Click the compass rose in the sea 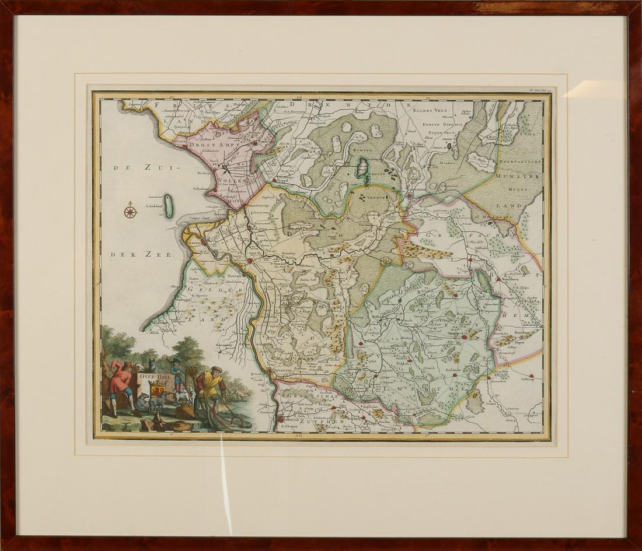(130, 211)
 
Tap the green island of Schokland (169, 206)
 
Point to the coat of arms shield (158, 389)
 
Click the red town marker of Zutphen (280, 418)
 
